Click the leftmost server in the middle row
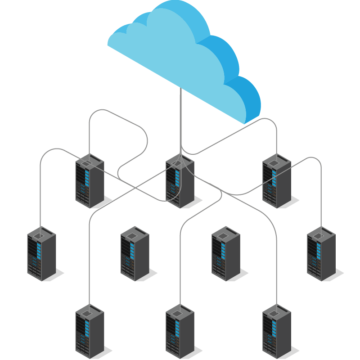click(41, 254)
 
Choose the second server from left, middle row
click(135, 254)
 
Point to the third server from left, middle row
click(225, 254)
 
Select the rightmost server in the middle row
click(321, 254)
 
